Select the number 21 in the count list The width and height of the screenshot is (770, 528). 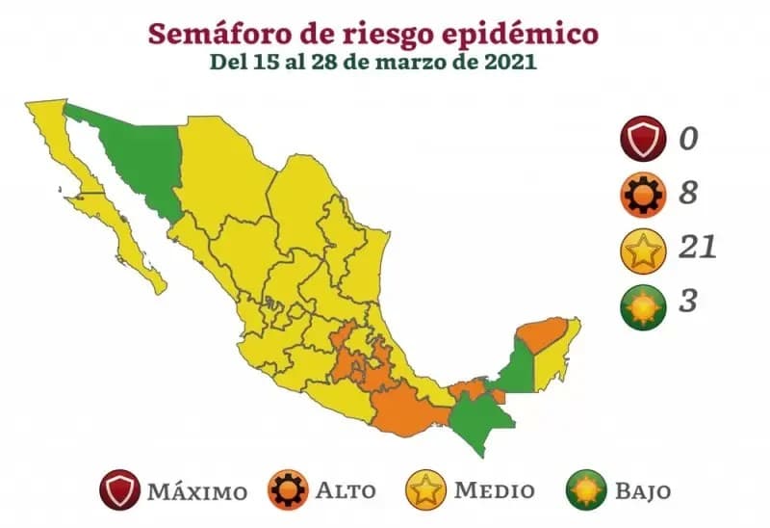click(696, 249)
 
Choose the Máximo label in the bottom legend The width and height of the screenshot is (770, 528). click(197, 490)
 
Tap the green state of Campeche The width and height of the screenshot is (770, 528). click(516, 371)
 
